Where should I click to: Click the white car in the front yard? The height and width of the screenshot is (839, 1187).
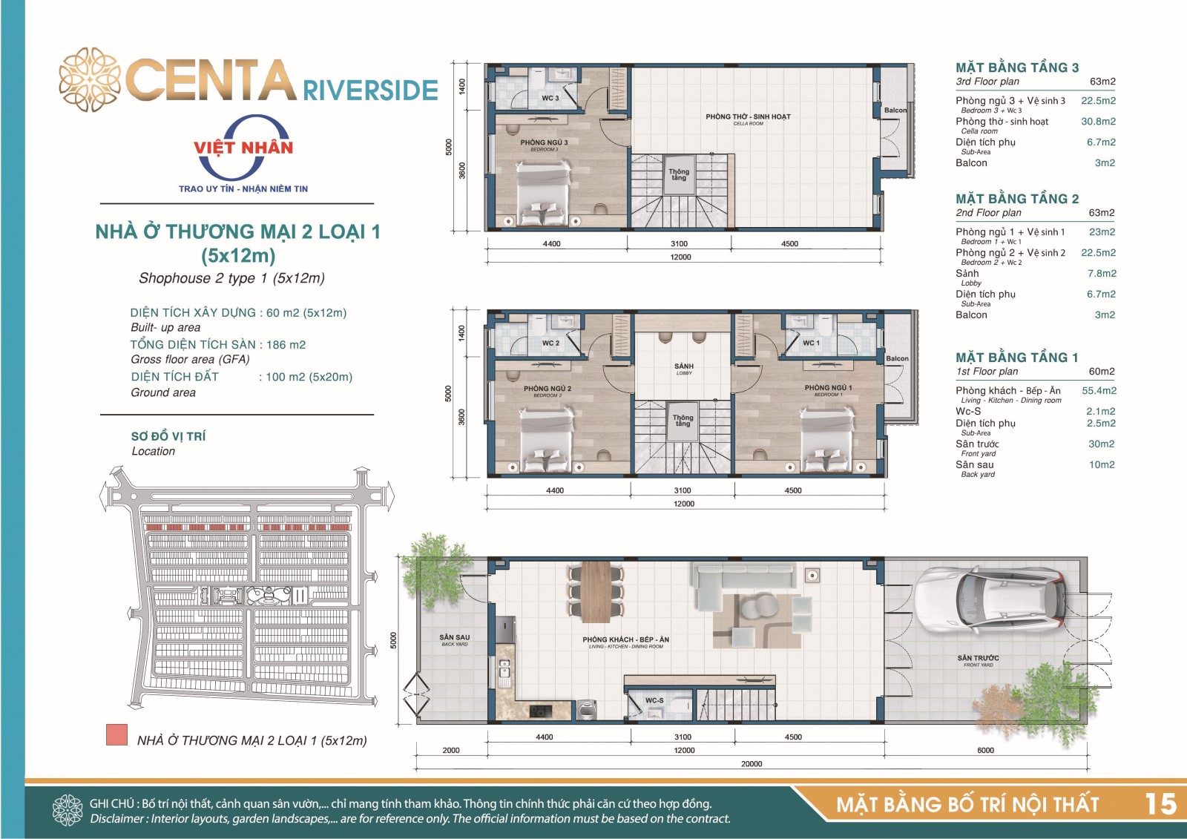click(992, 599)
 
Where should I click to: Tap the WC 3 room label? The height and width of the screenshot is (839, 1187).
click(550, 98)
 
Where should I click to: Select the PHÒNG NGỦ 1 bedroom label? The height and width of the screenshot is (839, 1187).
click(828, 387)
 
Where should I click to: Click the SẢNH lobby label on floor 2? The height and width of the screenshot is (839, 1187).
click(683, 366)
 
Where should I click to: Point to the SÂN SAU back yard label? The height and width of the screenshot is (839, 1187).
click(454, 637)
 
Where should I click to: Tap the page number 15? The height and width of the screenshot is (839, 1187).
click(1160, 804)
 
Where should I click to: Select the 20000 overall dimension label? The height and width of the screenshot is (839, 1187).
click(752, 764)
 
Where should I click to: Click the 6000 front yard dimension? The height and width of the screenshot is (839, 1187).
click(985, 750)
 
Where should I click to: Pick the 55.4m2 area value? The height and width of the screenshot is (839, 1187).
click(1099, 391)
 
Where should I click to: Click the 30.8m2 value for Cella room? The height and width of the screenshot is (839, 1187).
click(1098, 122)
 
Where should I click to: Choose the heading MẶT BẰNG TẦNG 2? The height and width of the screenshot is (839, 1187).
click(1017, 199)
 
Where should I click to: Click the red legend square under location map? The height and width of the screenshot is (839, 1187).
click(116, 735)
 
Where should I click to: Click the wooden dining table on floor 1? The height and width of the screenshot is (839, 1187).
click(596, 591)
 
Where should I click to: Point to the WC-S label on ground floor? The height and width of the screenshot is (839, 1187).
click(654, 700)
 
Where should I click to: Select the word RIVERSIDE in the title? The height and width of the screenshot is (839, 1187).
click(370, 90)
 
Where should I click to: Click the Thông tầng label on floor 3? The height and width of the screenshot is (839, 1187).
click(679, 174)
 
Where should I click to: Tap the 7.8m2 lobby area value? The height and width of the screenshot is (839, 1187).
click(1102, 274)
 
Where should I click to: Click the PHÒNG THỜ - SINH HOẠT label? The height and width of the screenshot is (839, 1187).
click(748, 116)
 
